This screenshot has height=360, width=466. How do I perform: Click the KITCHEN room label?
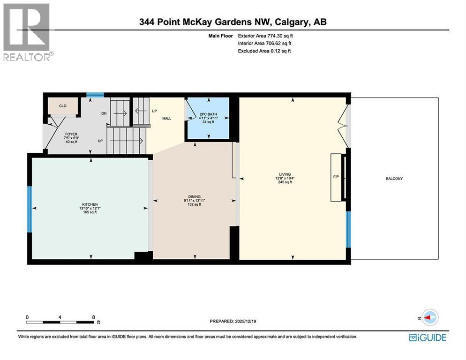89,204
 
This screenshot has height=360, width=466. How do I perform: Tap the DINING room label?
194,197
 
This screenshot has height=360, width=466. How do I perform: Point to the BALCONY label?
394,179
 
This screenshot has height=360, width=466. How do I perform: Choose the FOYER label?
71,134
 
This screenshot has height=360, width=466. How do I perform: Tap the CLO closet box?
62,106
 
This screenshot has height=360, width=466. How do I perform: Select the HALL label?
166,119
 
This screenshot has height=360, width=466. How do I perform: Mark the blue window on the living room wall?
348,229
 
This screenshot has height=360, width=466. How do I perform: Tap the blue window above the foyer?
95,95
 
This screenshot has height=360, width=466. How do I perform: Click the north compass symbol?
428,317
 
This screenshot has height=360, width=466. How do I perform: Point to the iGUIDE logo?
427,337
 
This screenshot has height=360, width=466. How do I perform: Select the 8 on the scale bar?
94,317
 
